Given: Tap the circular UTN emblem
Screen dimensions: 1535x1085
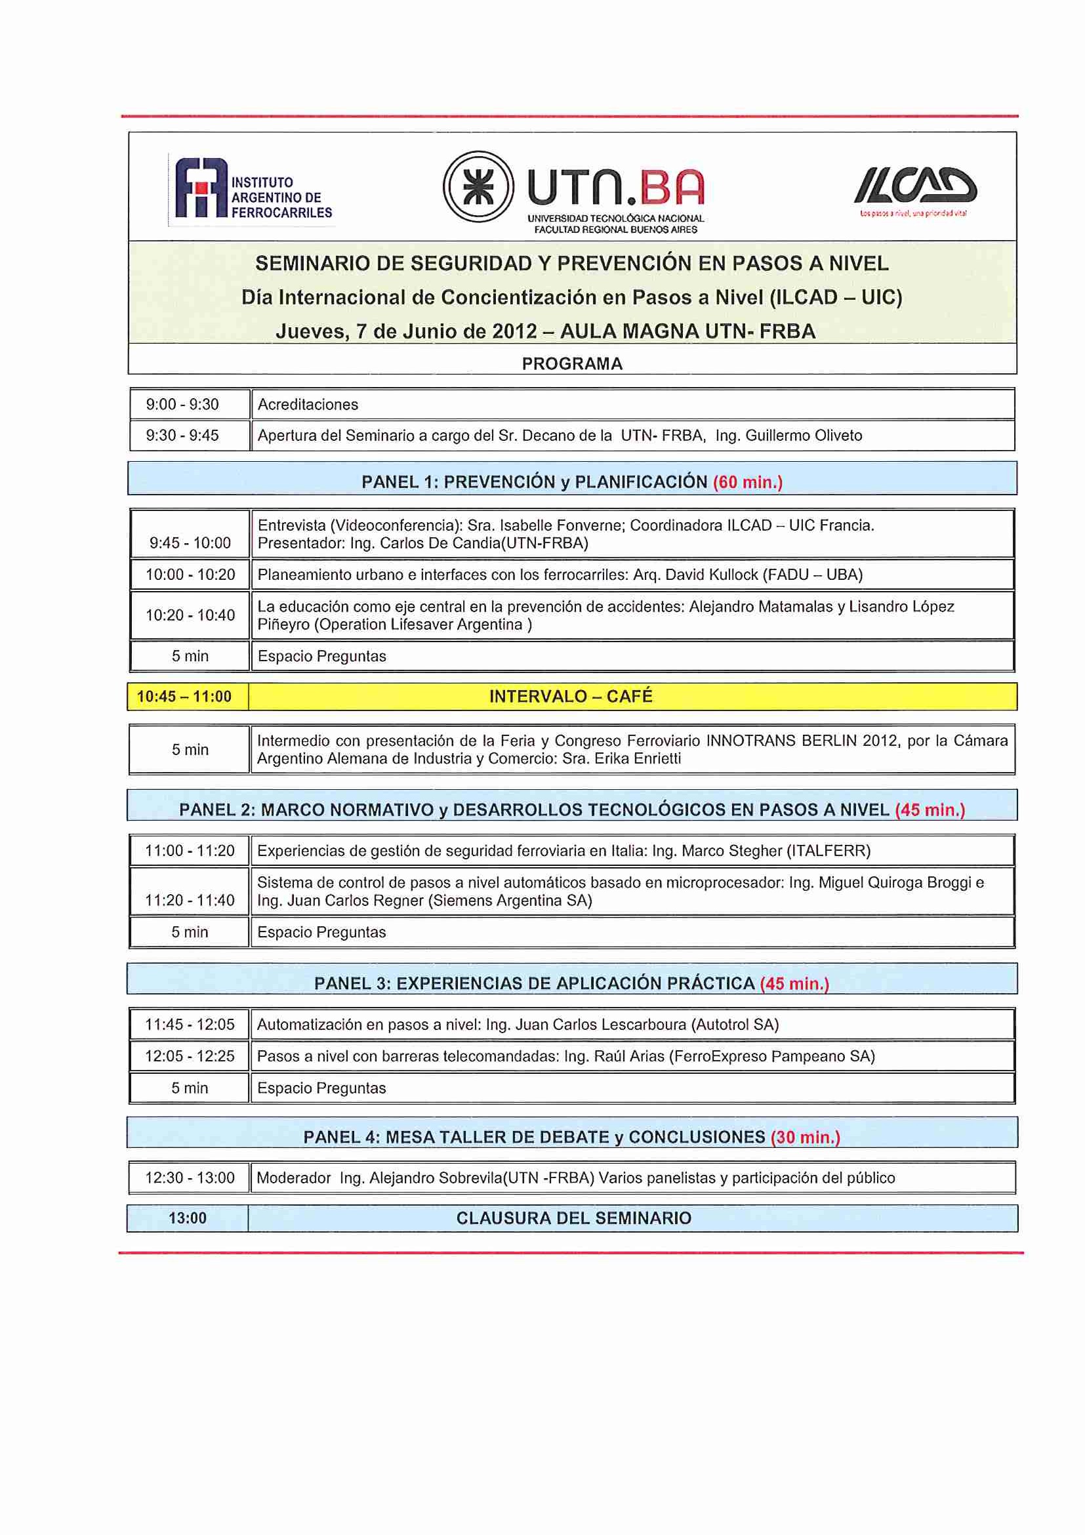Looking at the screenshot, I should tap(478, 186).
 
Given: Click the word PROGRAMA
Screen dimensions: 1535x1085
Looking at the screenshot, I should tap(571, 363).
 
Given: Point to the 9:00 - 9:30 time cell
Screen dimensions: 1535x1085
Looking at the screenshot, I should tap(182, 405).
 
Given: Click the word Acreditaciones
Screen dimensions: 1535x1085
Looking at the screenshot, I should tap(308, 405).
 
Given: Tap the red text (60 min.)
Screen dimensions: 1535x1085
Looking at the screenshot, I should tap(747, 482).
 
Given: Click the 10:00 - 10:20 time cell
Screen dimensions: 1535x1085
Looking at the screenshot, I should tap(190, 574).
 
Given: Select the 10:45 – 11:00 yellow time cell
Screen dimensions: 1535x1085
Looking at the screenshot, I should tap(184, 697).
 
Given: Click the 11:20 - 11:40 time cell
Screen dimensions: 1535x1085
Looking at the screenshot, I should tap(190, 900).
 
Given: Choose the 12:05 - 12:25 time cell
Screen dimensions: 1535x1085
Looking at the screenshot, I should tap(190, 1056).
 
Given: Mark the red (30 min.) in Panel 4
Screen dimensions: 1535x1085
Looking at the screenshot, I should tap(805, 1137).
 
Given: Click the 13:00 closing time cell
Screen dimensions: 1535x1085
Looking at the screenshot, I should tap(187, 1218).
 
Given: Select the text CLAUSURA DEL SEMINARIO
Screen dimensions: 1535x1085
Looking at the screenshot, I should tap(573, 1218).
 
